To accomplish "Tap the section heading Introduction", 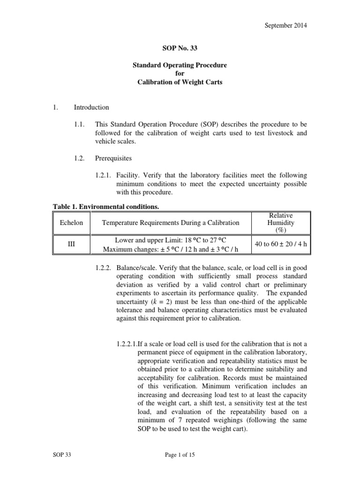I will click(91, 107).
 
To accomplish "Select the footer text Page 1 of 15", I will click(180, 468).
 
